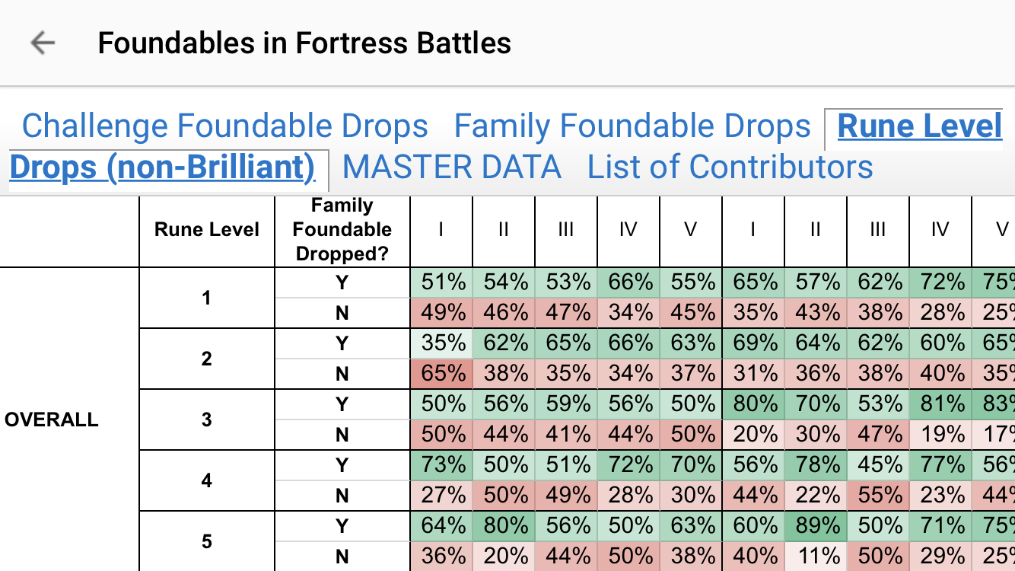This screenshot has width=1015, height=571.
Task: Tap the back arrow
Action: tap(43, 43)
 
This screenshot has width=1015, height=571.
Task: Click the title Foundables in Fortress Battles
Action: tap(304, 43)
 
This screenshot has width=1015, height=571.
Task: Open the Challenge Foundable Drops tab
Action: tap(225, 126)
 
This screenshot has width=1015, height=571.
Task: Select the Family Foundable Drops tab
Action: tap(632, 126)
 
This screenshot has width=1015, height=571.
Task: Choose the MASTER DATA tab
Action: tap(452, 167)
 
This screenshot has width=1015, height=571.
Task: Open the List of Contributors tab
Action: tap(730, 167)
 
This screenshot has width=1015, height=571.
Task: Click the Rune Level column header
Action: tap(207, 230)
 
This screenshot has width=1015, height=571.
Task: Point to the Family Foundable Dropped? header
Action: tap(342, 230)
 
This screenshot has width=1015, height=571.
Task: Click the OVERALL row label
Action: tap(52, 419)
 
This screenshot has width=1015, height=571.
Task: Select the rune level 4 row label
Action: tap(207, 480)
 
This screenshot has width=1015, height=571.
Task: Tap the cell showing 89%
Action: tap(816, 526)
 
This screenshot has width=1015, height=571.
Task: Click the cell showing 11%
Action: tap(816, 557)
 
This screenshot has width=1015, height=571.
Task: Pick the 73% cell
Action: tap(441, 465)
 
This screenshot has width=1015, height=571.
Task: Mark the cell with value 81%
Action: tap(940, 404)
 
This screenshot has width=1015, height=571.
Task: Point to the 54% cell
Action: tap(504, 282)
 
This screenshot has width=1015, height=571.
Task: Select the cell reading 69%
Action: tap(753, 343)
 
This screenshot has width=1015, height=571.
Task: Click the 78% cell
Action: tap(816, 465)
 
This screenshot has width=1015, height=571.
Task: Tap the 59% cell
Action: tap(566, 404)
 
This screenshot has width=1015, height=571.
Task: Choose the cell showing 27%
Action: tap(441, 496)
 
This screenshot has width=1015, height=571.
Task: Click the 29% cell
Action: tap(940, 557)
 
